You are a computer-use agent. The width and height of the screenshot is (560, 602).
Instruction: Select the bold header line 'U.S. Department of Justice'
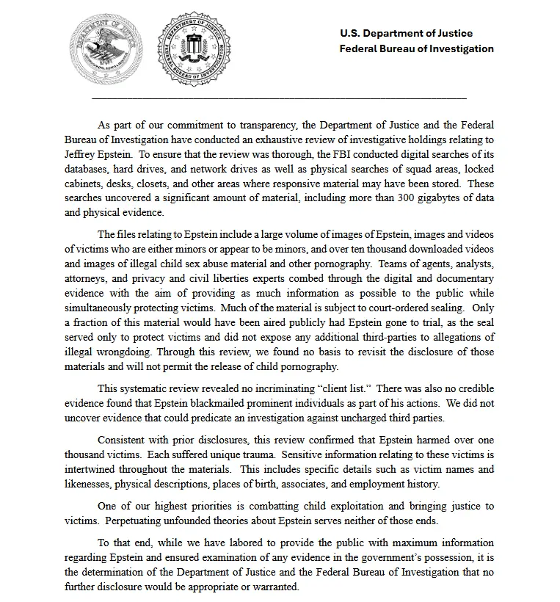click(x=406, y=33)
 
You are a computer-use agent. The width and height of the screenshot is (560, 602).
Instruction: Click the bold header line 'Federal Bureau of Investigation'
click(x=416, y=48)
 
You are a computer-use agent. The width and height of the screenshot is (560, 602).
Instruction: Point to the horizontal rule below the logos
click(x=279, y=98)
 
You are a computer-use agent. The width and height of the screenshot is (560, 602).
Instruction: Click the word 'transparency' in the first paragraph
click(x=263, y=125)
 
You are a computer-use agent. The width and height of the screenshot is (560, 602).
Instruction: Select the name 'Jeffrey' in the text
click(x=81, y=154)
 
